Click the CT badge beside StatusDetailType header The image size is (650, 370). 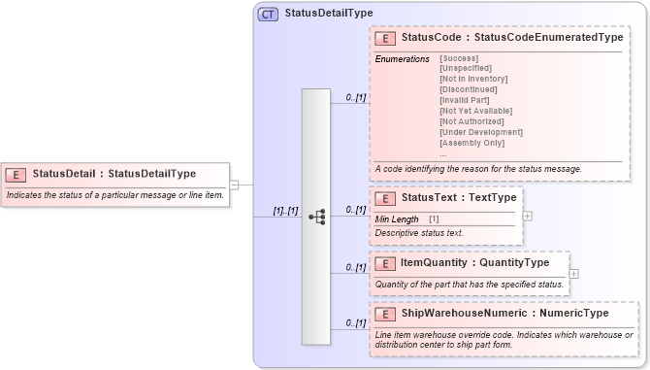click(268, 14)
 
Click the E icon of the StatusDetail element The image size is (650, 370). click(16, 174)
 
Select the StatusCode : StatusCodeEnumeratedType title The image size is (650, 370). click(511, 38)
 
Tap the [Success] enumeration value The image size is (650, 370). click(459, 59)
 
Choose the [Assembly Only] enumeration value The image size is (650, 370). click(471, 143)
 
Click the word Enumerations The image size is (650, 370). click(402, 59)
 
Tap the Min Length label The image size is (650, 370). click(397, 219)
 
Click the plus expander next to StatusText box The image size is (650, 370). click(527, 216)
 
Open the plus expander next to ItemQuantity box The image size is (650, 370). click(574, 273)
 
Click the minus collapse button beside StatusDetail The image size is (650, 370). click(234, 184)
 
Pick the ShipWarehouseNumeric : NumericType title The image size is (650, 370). click(504, 314)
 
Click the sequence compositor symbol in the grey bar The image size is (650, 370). click(316, 217)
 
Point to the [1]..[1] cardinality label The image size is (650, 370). click(284, 211)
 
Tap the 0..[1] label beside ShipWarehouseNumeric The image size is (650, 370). click(355, 322)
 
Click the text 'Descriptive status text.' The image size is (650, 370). click(419, 233)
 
